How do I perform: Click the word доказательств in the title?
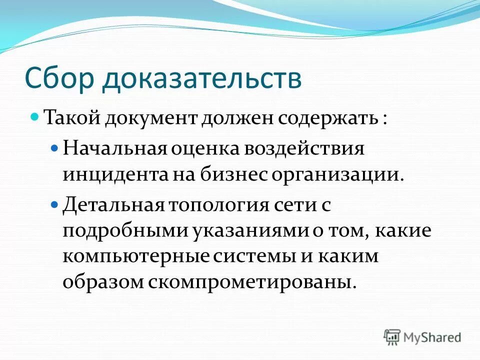(202, 79)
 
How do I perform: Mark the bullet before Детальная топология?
(55, 204)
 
